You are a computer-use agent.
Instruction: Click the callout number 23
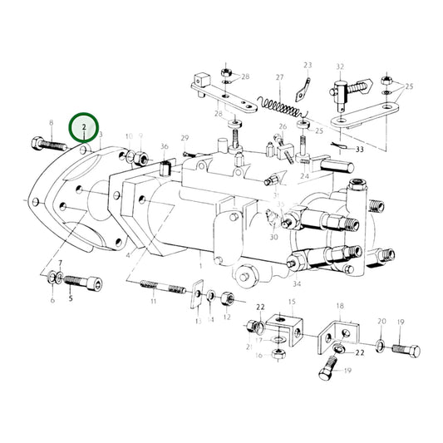(307, 65)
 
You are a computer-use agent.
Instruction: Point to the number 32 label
(339, 66)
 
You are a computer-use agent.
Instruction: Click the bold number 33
(359, 150)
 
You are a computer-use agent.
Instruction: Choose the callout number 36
(165, 146)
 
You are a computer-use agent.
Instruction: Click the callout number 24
(304, 176)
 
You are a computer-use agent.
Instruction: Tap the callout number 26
(283, 127)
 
